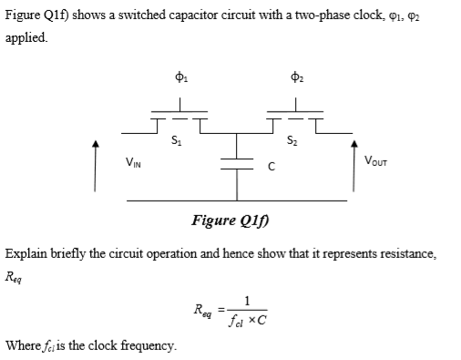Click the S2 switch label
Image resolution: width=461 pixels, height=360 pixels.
click(290, 140)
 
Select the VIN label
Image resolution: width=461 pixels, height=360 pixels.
click(132, 162)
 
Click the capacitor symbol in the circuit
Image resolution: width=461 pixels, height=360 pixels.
click(236, 167)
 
